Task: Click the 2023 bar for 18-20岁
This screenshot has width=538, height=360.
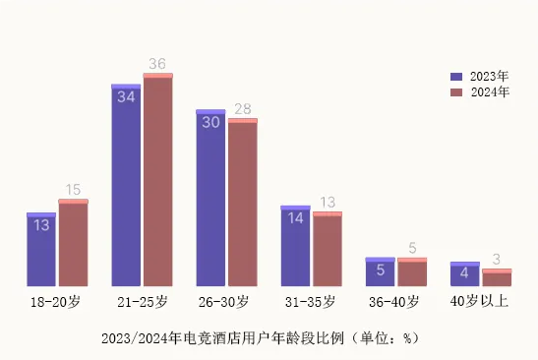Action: point(41,250)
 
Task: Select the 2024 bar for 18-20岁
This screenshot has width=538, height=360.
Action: point(73,244)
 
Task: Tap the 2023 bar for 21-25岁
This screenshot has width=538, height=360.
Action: point(126,186)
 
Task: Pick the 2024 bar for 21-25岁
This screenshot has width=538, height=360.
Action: point(157,181)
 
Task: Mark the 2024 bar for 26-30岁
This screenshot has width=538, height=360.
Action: point(242,204)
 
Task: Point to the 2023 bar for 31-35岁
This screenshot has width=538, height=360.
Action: point(295,247)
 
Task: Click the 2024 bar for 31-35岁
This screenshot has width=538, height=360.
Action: point(327,250)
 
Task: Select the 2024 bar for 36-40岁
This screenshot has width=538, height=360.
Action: point(411,272)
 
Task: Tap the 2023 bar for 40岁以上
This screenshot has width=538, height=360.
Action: point(464,274)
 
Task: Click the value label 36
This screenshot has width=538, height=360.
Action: point(157,64)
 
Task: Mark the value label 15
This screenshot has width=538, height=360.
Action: point(73,190)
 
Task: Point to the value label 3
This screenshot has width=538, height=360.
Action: point(497,260)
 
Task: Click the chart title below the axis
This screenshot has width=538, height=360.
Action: point(260,337)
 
